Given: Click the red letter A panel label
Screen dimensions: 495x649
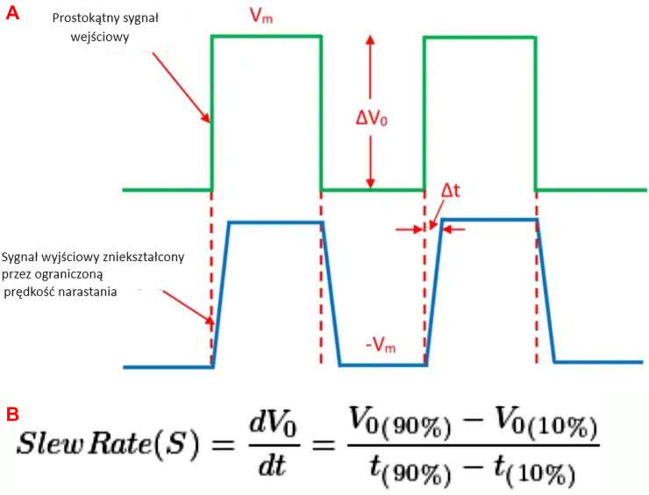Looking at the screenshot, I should point(12,12).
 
